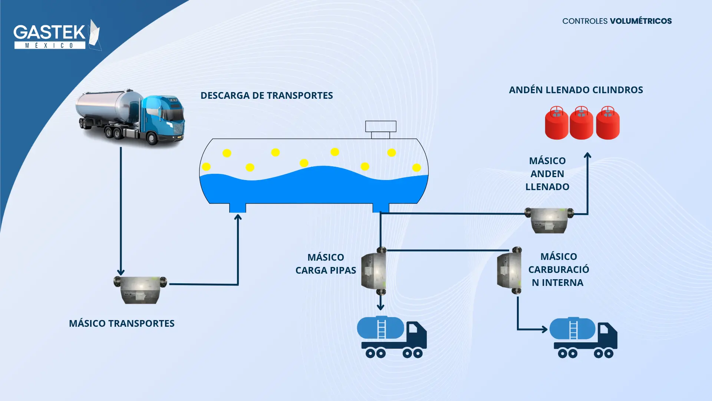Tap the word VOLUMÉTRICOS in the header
click(640, 21)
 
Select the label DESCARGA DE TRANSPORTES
click(267, 95)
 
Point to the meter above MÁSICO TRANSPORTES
click(140, 290)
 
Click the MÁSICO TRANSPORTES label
click(122, 323)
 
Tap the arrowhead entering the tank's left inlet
click(238, 217)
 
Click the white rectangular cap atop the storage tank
click(380, 127)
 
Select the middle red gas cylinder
click(581, 123)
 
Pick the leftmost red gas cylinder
click(556, 123)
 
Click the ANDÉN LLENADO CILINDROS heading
click(576, 90)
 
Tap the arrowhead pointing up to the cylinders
click(587, 155)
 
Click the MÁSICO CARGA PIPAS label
click(326, 264)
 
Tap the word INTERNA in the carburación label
click(563, 283)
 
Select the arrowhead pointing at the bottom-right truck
click(544, 329)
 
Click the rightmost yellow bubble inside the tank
click(416, 167)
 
